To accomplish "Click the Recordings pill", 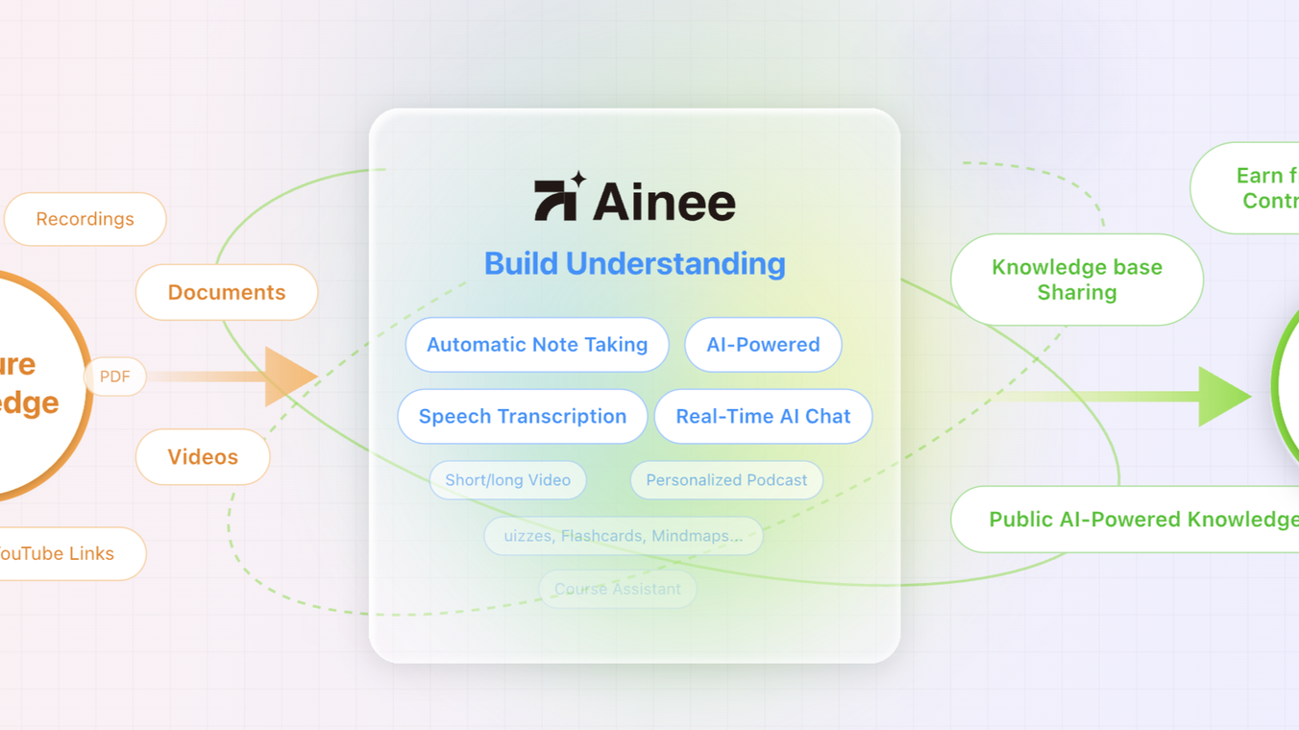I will pos(86,219).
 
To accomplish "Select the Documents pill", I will pos(227,292).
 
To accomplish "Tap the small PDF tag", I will pos(115,377).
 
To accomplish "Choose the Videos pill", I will pos(203,456).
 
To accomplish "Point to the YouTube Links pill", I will pos(67,553).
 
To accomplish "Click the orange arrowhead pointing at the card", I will pos(289,377).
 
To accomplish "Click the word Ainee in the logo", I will pos(664,203).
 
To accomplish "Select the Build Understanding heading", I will pos(634,263).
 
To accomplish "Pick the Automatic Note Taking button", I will pos(537,345).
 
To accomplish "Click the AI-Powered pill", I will pos(763,345).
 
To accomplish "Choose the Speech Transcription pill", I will pos(523,416).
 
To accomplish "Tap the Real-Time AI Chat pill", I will pos(763,416).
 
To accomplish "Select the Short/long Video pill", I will pos(507,480).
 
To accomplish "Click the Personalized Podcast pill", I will pos(726,480).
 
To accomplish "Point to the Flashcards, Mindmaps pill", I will pos(624,536).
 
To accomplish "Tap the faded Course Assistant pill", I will pos(618,589).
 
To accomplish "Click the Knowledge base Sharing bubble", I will pos(1077,280).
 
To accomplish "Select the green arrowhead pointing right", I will pos(1223,396).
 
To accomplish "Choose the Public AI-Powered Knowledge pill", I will pos(1134,519).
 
